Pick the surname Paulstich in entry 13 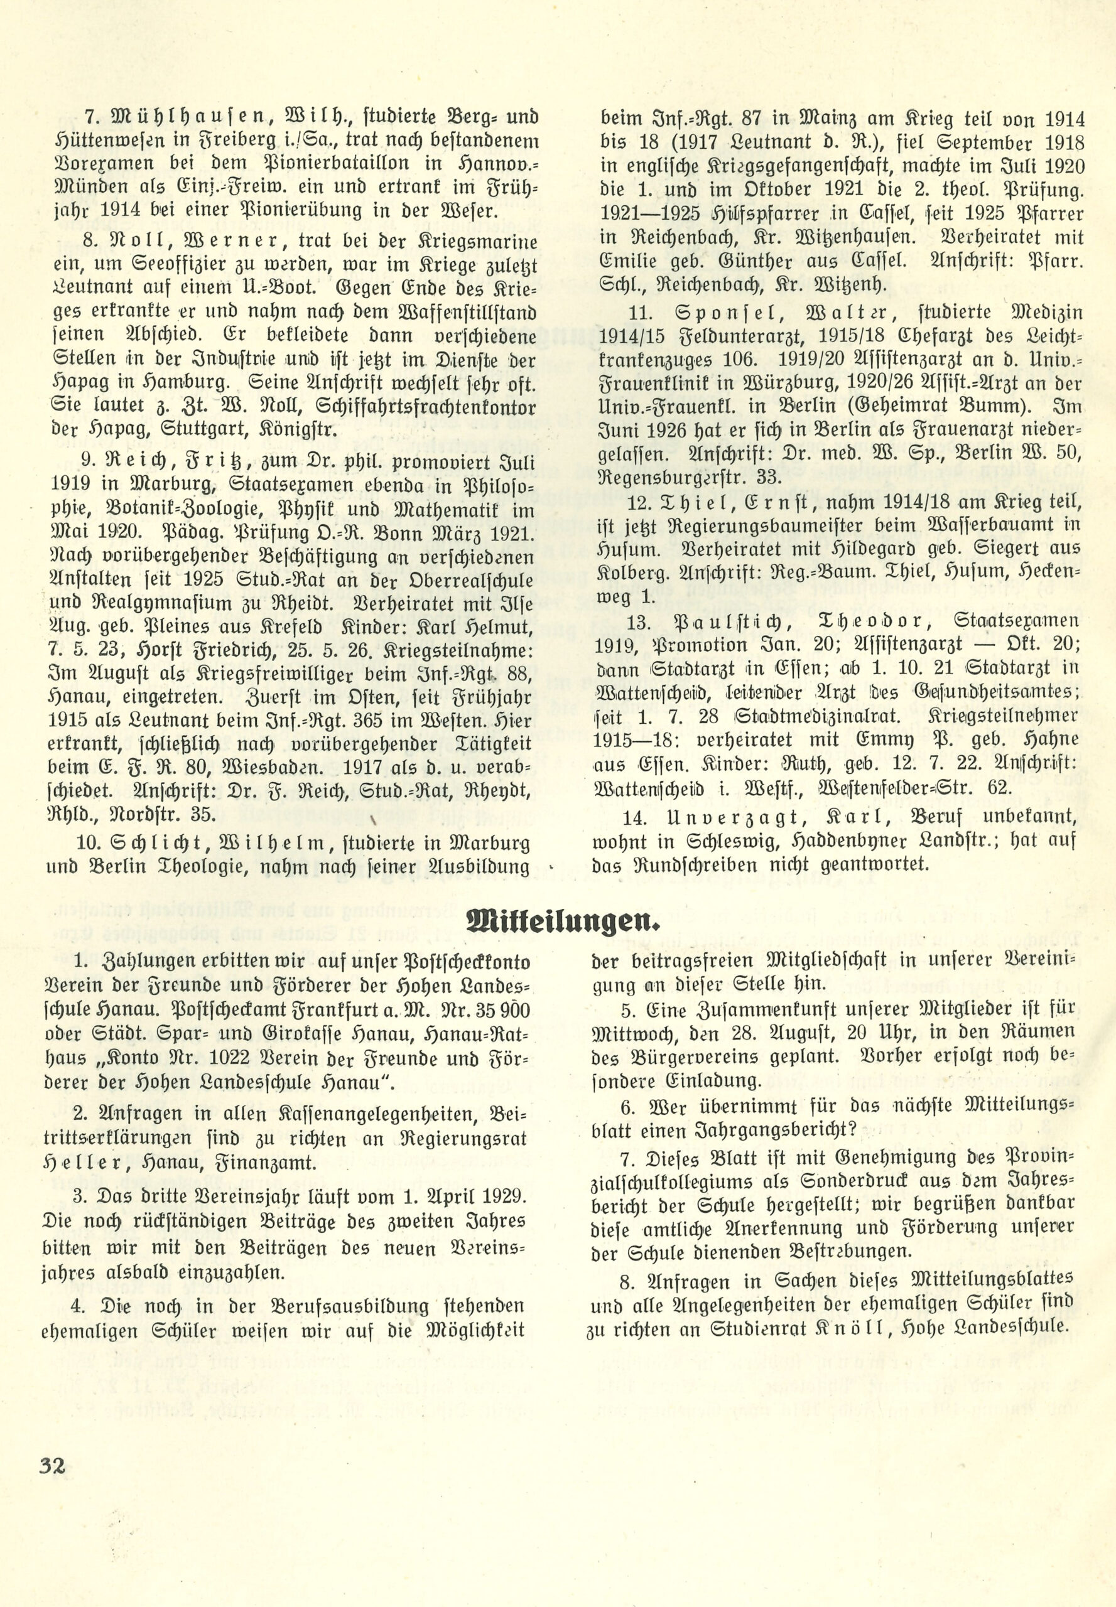(746, 621)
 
